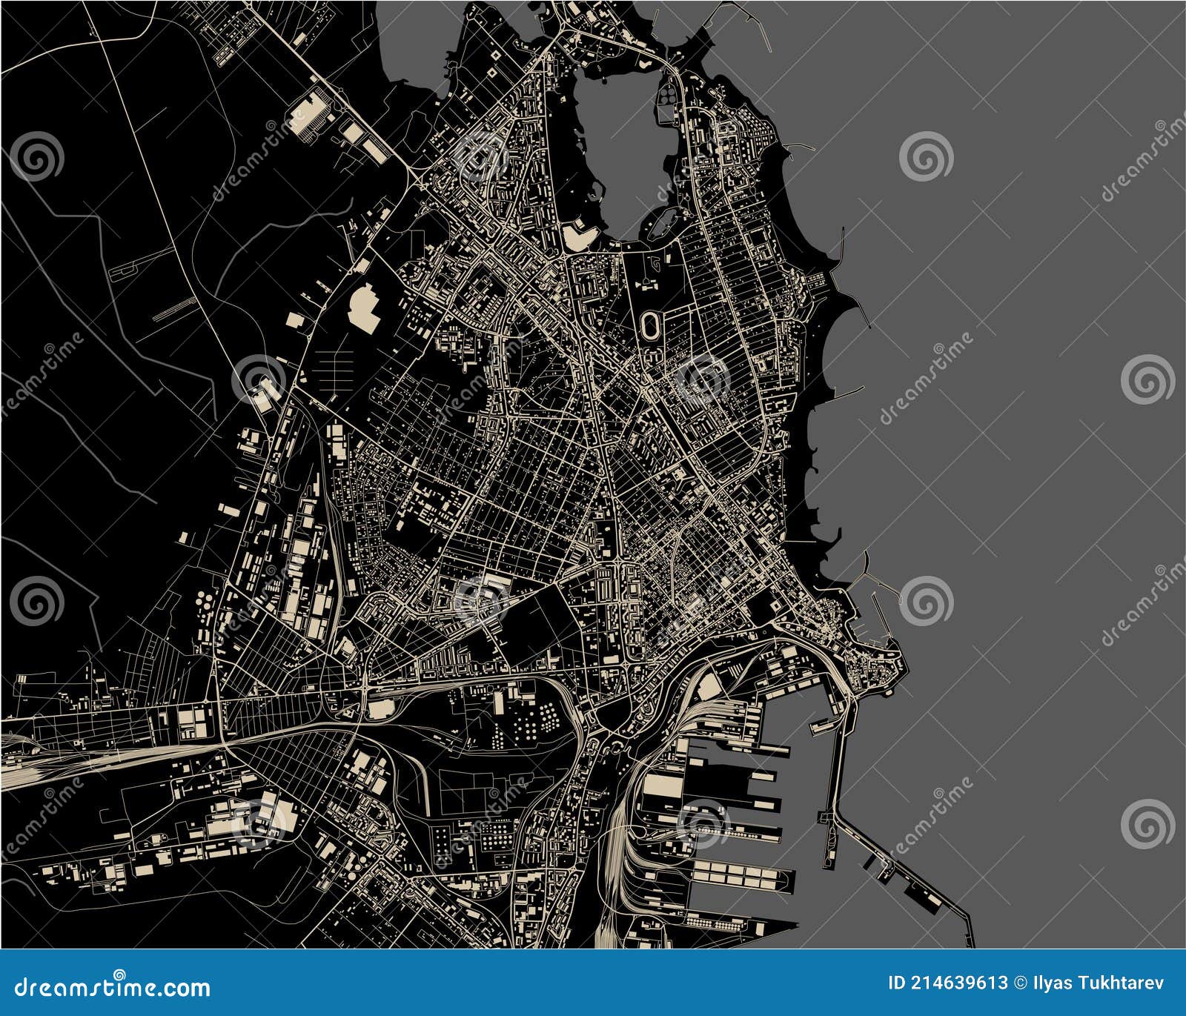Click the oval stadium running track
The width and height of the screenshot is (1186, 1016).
[651, 323]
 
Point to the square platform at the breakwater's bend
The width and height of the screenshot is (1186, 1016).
[826, 817]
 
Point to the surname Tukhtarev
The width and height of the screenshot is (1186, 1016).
[1122, 983]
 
